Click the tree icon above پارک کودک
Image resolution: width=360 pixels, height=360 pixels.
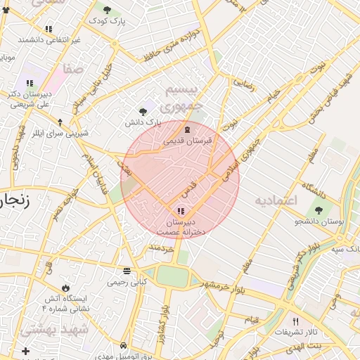tap(107, 10)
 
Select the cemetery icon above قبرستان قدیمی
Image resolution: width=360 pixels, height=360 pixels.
tap(187, 130)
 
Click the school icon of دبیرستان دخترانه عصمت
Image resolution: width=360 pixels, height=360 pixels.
tap(181, 211)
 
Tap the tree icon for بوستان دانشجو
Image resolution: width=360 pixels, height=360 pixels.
tap(319, 210)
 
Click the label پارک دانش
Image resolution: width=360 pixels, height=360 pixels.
tap(143, 122)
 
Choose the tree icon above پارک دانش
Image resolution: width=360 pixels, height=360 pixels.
tap(143, 111)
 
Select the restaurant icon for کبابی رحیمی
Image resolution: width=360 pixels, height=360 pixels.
tap(127, 271)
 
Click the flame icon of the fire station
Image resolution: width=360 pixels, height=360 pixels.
tap(65, 288)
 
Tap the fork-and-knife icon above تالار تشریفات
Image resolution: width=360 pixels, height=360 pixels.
tap(295, 321)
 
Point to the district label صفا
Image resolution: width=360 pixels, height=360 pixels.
tap(72, 69)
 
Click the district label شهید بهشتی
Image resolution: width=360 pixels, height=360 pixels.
tap(54, 329)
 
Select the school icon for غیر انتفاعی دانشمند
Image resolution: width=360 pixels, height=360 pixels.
tap(49, 29)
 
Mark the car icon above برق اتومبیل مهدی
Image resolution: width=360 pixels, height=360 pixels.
tap(124, 346)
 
